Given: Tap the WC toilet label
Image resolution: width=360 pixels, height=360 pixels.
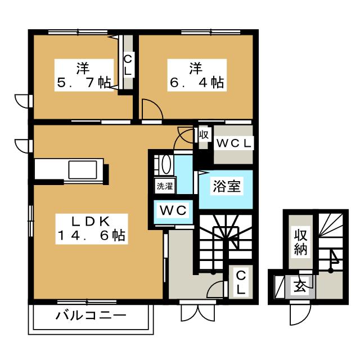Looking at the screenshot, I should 175,211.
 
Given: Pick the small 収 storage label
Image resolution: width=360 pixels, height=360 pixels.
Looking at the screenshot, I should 203,136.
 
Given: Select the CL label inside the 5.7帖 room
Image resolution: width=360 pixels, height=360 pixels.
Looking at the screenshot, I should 128,64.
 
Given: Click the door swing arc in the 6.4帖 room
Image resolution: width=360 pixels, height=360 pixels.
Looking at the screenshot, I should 150,109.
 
